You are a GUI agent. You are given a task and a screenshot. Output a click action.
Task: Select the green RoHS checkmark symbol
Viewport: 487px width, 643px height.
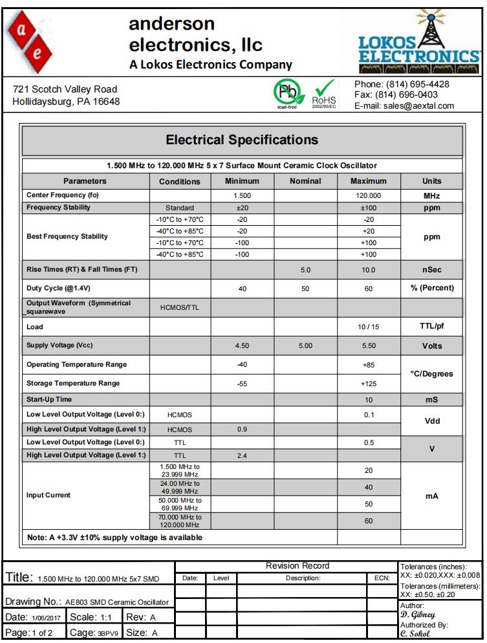click(x=324, y=91)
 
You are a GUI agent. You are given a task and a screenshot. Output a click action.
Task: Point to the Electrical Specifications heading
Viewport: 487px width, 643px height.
click(x=242, y=140)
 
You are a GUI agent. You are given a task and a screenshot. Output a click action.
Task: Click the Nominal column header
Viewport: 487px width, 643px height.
click(x=305, y=181)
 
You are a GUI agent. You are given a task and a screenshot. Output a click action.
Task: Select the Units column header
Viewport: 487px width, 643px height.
click(x=431, y=181)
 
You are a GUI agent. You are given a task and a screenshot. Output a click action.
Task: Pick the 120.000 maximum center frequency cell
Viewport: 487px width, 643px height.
click(x=368, y=195)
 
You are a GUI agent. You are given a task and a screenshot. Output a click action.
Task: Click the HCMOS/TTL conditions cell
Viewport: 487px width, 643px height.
click(x=180, y=307)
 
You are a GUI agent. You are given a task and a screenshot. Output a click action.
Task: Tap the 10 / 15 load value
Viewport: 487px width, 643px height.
click(x=368, y=327)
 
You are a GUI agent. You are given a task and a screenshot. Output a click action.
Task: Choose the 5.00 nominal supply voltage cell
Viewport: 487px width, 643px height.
click(x=305, y=346)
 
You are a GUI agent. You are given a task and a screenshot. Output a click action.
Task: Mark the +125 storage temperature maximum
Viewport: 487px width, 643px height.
click(x=368, y=384)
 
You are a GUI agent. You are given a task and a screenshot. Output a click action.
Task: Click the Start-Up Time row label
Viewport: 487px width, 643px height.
click(x=49, y=400)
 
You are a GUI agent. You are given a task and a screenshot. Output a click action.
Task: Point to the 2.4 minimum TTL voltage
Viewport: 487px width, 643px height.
click(x=243, y=455)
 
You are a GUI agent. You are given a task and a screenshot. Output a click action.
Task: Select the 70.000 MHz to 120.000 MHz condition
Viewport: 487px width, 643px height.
click(x=180, y=521)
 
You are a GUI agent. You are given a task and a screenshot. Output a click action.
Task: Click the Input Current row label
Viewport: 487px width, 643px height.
click(x=49, y=495)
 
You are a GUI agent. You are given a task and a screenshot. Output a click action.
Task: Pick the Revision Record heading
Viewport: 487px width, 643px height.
click(x=298, y=566)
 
